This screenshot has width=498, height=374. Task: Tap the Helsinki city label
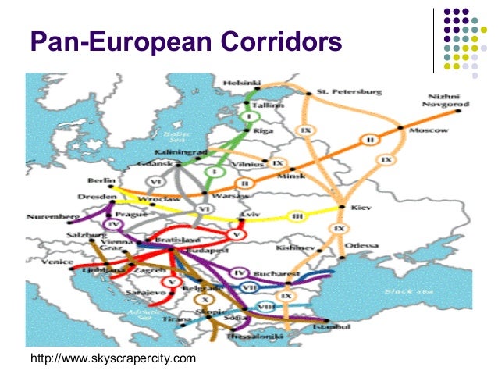pyautogui.click(x=243, y=82)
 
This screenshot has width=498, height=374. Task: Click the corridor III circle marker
pyautogui.click(x=297, y=215)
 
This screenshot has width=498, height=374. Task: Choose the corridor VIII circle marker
pyautogui.click(x=265, y=306)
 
